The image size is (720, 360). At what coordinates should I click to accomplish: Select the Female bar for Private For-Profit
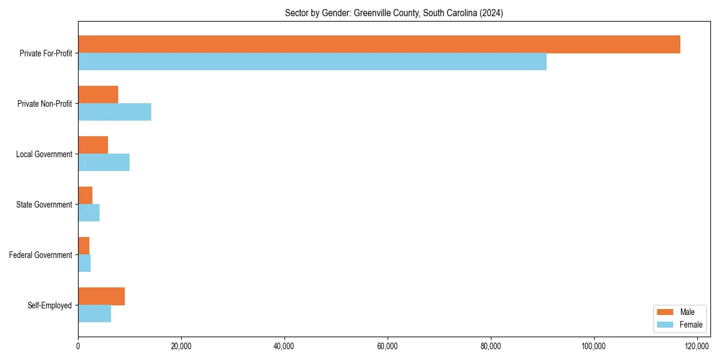312,62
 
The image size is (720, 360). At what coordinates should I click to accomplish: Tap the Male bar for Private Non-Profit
98,95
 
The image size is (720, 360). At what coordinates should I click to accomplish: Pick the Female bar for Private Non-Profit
115,112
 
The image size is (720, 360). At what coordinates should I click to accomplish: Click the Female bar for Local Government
104,163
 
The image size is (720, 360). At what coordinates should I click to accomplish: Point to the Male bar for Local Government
93,145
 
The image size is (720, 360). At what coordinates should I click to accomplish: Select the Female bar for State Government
89,213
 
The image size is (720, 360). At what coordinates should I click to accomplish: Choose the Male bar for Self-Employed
101,296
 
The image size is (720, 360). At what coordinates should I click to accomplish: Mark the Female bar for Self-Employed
94,314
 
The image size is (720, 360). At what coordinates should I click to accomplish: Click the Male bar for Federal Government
84,246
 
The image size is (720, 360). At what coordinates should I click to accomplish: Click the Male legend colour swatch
665,312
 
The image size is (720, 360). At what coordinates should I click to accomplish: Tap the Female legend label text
691,325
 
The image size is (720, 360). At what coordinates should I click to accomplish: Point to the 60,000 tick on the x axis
388,346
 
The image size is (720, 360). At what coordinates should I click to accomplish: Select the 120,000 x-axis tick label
697,346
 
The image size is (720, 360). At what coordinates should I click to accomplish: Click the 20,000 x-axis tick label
181,346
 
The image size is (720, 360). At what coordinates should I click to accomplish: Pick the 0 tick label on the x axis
78,346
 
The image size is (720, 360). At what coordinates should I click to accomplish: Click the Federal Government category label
41,255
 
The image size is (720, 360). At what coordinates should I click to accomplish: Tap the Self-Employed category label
50,305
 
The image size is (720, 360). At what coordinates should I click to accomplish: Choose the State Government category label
44,205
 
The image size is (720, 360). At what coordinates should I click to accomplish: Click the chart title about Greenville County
394,13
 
